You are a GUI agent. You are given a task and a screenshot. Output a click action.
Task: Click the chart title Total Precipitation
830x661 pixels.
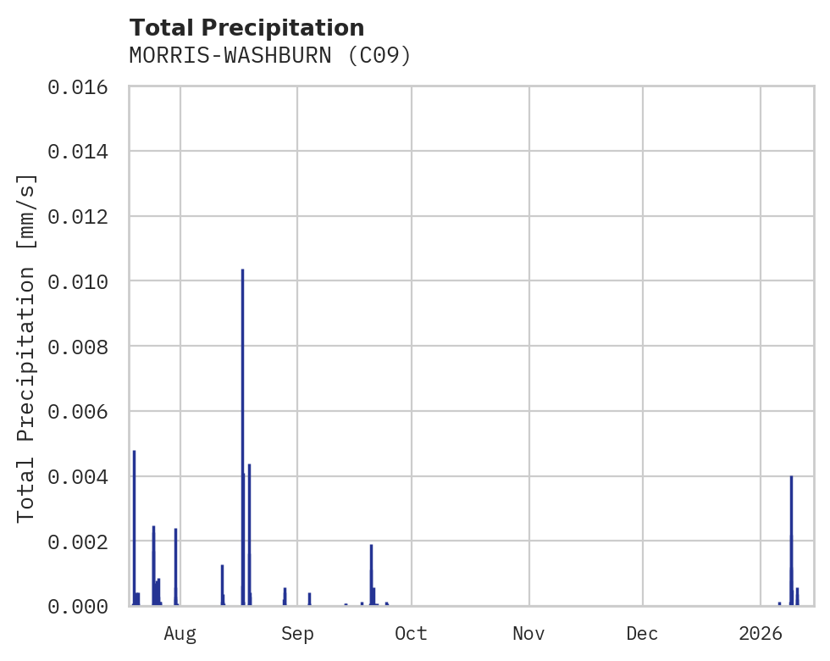click(246, 28)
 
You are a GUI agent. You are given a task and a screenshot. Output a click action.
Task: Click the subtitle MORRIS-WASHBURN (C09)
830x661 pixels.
click(270, 56)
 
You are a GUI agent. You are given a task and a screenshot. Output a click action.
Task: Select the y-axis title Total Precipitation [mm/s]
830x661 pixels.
click(27, 347)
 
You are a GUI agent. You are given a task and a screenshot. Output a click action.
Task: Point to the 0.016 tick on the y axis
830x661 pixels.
click(83, 86)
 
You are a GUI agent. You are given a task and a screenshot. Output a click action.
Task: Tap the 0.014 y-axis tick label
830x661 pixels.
click(83, 152)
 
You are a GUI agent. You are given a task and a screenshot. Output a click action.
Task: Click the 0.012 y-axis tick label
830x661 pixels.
click(83, 216)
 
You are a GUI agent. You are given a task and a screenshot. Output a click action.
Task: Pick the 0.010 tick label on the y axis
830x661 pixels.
click(83, 281)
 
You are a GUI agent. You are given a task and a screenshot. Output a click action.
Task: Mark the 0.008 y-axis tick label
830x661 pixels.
click(83, 347)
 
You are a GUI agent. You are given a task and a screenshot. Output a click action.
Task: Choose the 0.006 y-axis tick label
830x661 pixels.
click(83, 411)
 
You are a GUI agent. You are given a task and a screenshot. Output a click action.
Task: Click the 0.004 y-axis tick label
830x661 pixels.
click(83, 476)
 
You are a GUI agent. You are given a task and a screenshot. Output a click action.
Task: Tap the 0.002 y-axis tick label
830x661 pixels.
click(83, 541)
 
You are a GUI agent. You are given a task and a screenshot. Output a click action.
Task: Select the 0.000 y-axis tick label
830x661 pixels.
click(83, 606)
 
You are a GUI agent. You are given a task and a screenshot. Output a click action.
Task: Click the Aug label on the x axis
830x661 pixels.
click(180, 634)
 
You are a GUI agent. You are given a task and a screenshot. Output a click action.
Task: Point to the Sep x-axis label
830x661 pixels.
click(297, 634)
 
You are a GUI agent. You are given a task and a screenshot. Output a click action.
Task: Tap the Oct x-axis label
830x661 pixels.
click(412, 634)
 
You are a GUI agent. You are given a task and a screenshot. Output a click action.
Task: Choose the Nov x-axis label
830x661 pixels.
click(528, 634)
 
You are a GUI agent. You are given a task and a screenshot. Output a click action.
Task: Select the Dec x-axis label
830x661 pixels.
click(643, 634)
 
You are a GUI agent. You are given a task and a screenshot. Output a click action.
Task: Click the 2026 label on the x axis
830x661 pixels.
click(761, 634)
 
